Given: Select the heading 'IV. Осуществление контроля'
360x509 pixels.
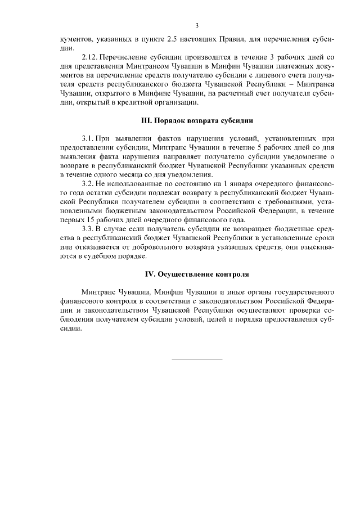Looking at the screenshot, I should coord(197,274).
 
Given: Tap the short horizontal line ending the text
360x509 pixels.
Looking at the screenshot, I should coord(197,358).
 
